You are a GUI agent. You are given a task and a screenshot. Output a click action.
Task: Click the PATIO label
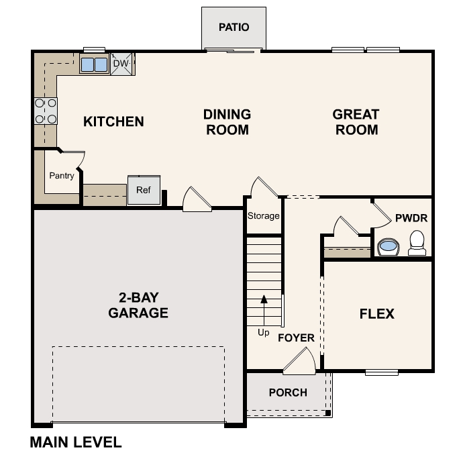pyautogui.click(x=234, y=28)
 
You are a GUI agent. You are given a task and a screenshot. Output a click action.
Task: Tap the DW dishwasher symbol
pyautogui.click(x=121, y=64)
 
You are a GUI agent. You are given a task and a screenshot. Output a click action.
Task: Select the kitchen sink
pyautogui.click(x=94, y=64)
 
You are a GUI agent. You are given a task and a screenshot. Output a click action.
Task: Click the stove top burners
pyautogui.click(x=46, y=111)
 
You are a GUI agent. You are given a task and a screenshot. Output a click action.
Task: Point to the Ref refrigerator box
pyautogui.click(x=144, y=191)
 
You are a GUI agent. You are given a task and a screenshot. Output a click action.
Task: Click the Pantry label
pyautogui.click(x=62, y=176)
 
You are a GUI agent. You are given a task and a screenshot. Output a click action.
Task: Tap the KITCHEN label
pyautogui.click(x=113, y=121)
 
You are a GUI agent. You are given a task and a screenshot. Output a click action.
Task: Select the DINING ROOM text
pyautogui.click(x=227, y=122)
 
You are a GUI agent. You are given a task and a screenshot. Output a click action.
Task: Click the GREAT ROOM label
pyautogui.click(x=356, y=122)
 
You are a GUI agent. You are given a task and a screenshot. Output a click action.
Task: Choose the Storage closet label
pyautogui.click(x=263, y=216)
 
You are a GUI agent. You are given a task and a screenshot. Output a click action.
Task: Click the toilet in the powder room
pyautogui.click(x=417, y=242)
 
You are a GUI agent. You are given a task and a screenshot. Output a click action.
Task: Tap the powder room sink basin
pyautogui.click(x=388, y=247)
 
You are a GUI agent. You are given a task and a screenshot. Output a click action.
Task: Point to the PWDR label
pyautogui.click(x=411, y=219)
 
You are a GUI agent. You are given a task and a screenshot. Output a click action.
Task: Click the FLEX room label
pyautogui.click(x=377, y=313)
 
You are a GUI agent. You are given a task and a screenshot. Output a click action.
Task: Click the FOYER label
pyautogui.click(x=296, y=338)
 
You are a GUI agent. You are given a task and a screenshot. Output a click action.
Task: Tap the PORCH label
pyautogui.click(x=288, y=393)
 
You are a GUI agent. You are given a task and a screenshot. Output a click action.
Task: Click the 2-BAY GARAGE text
pyautogui.click(x=138, y=305)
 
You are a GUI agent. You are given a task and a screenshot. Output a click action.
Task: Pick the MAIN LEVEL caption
pyautogui.click(x=76, y=442)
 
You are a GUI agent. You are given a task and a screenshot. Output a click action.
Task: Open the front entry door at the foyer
pyautogui.click(x=299, y=363)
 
